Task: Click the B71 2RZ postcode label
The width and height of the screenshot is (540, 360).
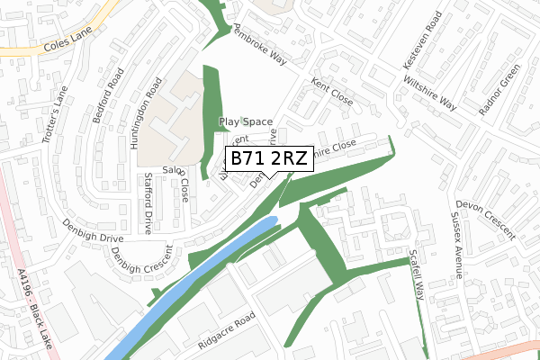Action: coord(269,158)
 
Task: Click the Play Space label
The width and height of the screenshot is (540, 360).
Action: coord(246,121)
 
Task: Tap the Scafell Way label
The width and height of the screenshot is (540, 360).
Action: coord(416,274)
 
